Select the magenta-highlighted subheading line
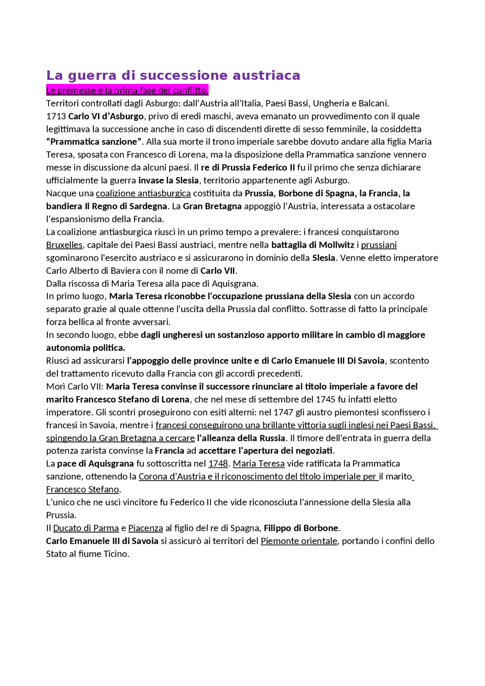coord(127,91)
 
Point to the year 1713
coord(56,116)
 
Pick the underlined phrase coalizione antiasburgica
coord(143,194)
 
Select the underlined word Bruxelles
coord(64,245)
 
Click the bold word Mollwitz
coord(336,245)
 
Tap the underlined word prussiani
coord(379,245)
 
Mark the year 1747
coord(283,413)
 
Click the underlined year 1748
coord(218,464)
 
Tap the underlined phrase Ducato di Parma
coord(86,528)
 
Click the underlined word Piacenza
coord(145,528)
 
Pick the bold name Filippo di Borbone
coord(301,528)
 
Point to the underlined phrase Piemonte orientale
coord(299,541)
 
